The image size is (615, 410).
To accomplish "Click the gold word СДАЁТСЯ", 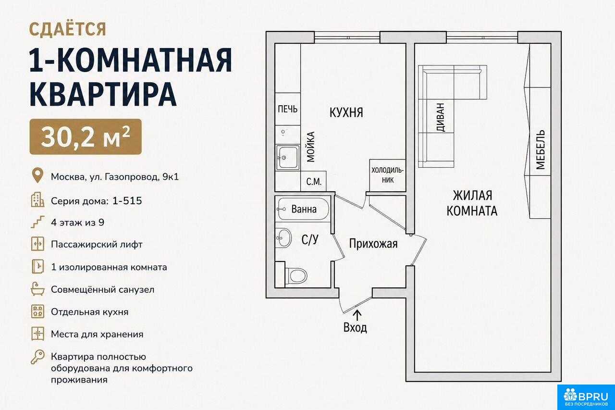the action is (68, 29).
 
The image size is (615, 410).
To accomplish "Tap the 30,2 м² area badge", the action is (86, 137).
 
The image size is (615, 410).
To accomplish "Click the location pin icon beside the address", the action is (37, 175).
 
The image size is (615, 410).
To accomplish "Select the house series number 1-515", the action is (127, 201).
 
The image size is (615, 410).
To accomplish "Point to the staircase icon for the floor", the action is (37, 222).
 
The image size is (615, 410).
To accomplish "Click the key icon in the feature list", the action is (37, 357).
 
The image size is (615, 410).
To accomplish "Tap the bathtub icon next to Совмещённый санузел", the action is (37, 289).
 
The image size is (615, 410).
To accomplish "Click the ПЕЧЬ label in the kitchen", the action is (288, 109).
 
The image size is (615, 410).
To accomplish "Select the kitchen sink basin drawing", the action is (288, 158).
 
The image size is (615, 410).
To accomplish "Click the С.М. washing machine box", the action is (314, 181).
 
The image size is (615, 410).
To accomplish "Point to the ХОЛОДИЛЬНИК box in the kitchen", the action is (387, 175).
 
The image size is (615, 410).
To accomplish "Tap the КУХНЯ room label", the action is (346, 112).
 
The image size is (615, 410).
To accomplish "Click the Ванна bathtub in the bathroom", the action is (303, 209).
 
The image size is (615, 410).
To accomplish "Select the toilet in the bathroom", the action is (296, 275).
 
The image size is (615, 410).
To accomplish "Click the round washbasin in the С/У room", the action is (283, 238).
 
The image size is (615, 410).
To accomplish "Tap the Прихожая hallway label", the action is (373, 244).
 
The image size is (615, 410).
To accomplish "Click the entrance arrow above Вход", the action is (357, 315).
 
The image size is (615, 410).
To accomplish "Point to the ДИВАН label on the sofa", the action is (440, 117).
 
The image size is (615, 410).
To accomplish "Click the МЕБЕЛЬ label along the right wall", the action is (541, 149).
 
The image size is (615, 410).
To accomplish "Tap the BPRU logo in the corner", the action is (586, 397).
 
